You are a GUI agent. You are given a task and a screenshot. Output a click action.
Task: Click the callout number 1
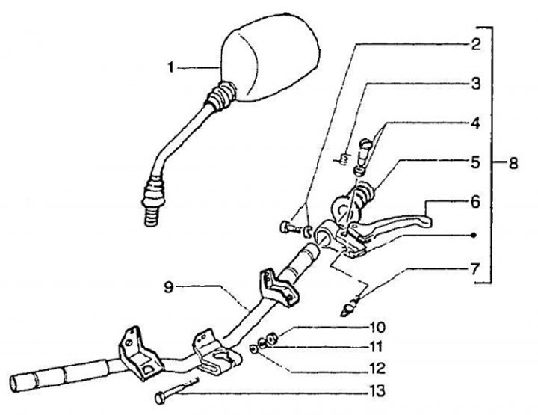(172, 67)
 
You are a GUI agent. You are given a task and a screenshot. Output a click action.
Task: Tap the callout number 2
(475, 43)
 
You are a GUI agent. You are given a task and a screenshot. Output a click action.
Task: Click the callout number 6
(475, 202)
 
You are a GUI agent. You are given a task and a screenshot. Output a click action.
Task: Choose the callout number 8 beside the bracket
(513, 162)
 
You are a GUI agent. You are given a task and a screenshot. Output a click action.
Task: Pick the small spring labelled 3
(344, 157)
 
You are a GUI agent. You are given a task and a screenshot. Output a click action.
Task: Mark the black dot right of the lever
(472, 234)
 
